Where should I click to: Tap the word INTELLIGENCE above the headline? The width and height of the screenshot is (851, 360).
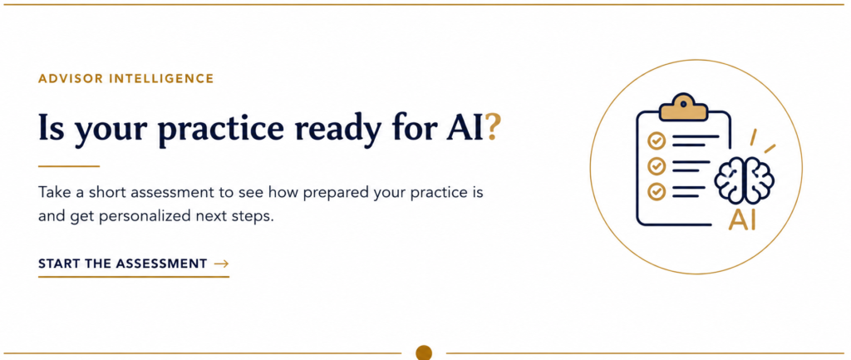pyautogui.click(x=162, y=79)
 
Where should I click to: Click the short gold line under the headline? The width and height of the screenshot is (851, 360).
pyautogui.click(x=69, y=166)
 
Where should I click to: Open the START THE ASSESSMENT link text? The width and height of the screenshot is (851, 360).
pyautogui.click(x=123, y=264)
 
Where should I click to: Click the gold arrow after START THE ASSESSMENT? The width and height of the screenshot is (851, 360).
pyautogui.click(x=221, y=264)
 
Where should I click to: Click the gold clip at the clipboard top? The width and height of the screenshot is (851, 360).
pyautogui.click(x=684, y=106)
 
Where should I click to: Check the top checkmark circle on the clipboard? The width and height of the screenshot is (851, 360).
pyautogui.click(x=657, y=141)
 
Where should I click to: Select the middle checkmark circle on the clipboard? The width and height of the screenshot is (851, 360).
pyautogui.click(x=657, y=165)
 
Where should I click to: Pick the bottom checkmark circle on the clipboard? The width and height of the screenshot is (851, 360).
pyautogui.click(x=657, y=191)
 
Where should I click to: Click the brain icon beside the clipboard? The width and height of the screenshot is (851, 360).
pyautogui.click(x=744, y=180)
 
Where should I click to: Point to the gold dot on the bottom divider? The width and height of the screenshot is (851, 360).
pyautogui.click(x=424, y=353)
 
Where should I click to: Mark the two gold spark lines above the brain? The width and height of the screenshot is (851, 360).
pyautogui.click(x=762, y=141)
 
